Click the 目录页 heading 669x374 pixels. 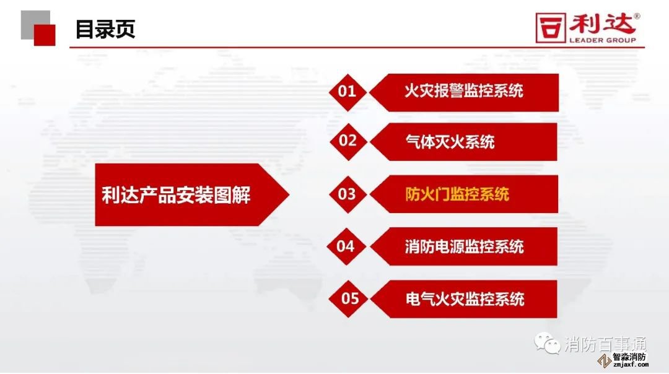click(x=105, y=29)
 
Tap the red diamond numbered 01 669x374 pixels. click(x=348, y=92)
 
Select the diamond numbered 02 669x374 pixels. click(x=348, y=142)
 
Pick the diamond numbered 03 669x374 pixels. click(x=348, y=194)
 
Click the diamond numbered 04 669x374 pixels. click(x=346, y=246)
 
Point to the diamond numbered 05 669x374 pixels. click(x=348, y=299)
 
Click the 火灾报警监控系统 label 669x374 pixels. click(x=464, y=91)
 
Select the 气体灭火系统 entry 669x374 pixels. click(x=450, y=142)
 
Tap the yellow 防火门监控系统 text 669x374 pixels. click(x=457, y=194)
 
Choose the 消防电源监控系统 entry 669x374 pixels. click(x=464, y=246)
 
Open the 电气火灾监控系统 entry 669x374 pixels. click(x=465, y=299)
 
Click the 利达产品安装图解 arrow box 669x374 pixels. click(x=192, y=195)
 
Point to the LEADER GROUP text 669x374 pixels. click(x=603, y=40)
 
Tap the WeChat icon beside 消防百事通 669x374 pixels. click(x=548, y=343)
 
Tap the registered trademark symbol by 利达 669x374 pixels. click(x=637, y=16)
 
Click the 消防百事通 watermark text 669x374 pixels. click(x=606, y=344)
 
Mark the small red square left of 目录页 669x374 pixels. click(x=45, y=35)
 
